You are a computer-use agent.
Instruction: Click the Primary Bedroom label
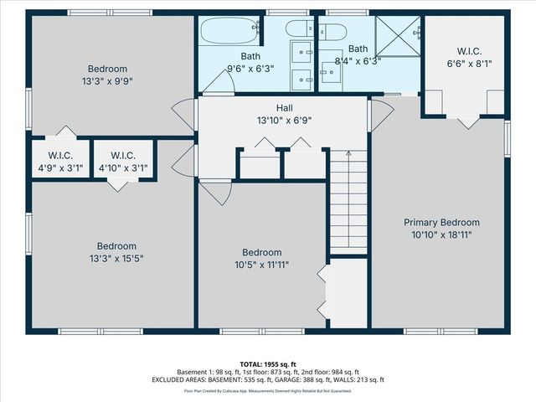click(x=441, y=222)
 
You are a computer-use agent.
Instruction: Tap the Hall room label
click(x=285, y=108)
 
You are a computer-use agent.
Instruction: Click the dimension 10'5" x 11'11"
click(x=261, y=265)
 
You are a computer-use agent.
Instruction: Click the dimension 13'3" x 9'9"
click(x=107, y=81)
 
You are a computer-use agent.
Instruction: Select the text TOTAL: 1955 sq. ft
click(x=268, y=363)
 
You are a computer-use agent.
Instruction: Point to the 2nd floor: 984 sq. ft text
click(x=330, y=372)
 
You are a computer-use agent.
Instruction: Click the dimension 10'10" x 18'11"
click(x=441, y=234)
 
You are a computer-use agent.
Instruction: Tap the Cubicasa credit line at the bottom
click(x=268, y=389)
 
